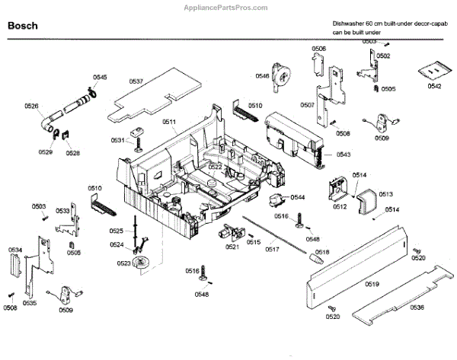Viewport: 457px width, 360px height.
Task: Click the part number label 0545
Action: click(x=100, y=78)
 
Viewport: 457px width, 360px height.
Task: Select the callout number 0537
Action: click(x=136, y=81)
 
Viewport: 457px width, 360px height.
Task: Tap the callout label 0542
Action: click(x=434, y=87)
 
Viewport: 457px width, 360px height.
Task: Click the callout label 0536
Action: click(x=416, y=307)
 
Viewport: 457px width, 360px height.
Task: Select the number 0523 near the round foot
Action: click(x=123, y=263)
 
